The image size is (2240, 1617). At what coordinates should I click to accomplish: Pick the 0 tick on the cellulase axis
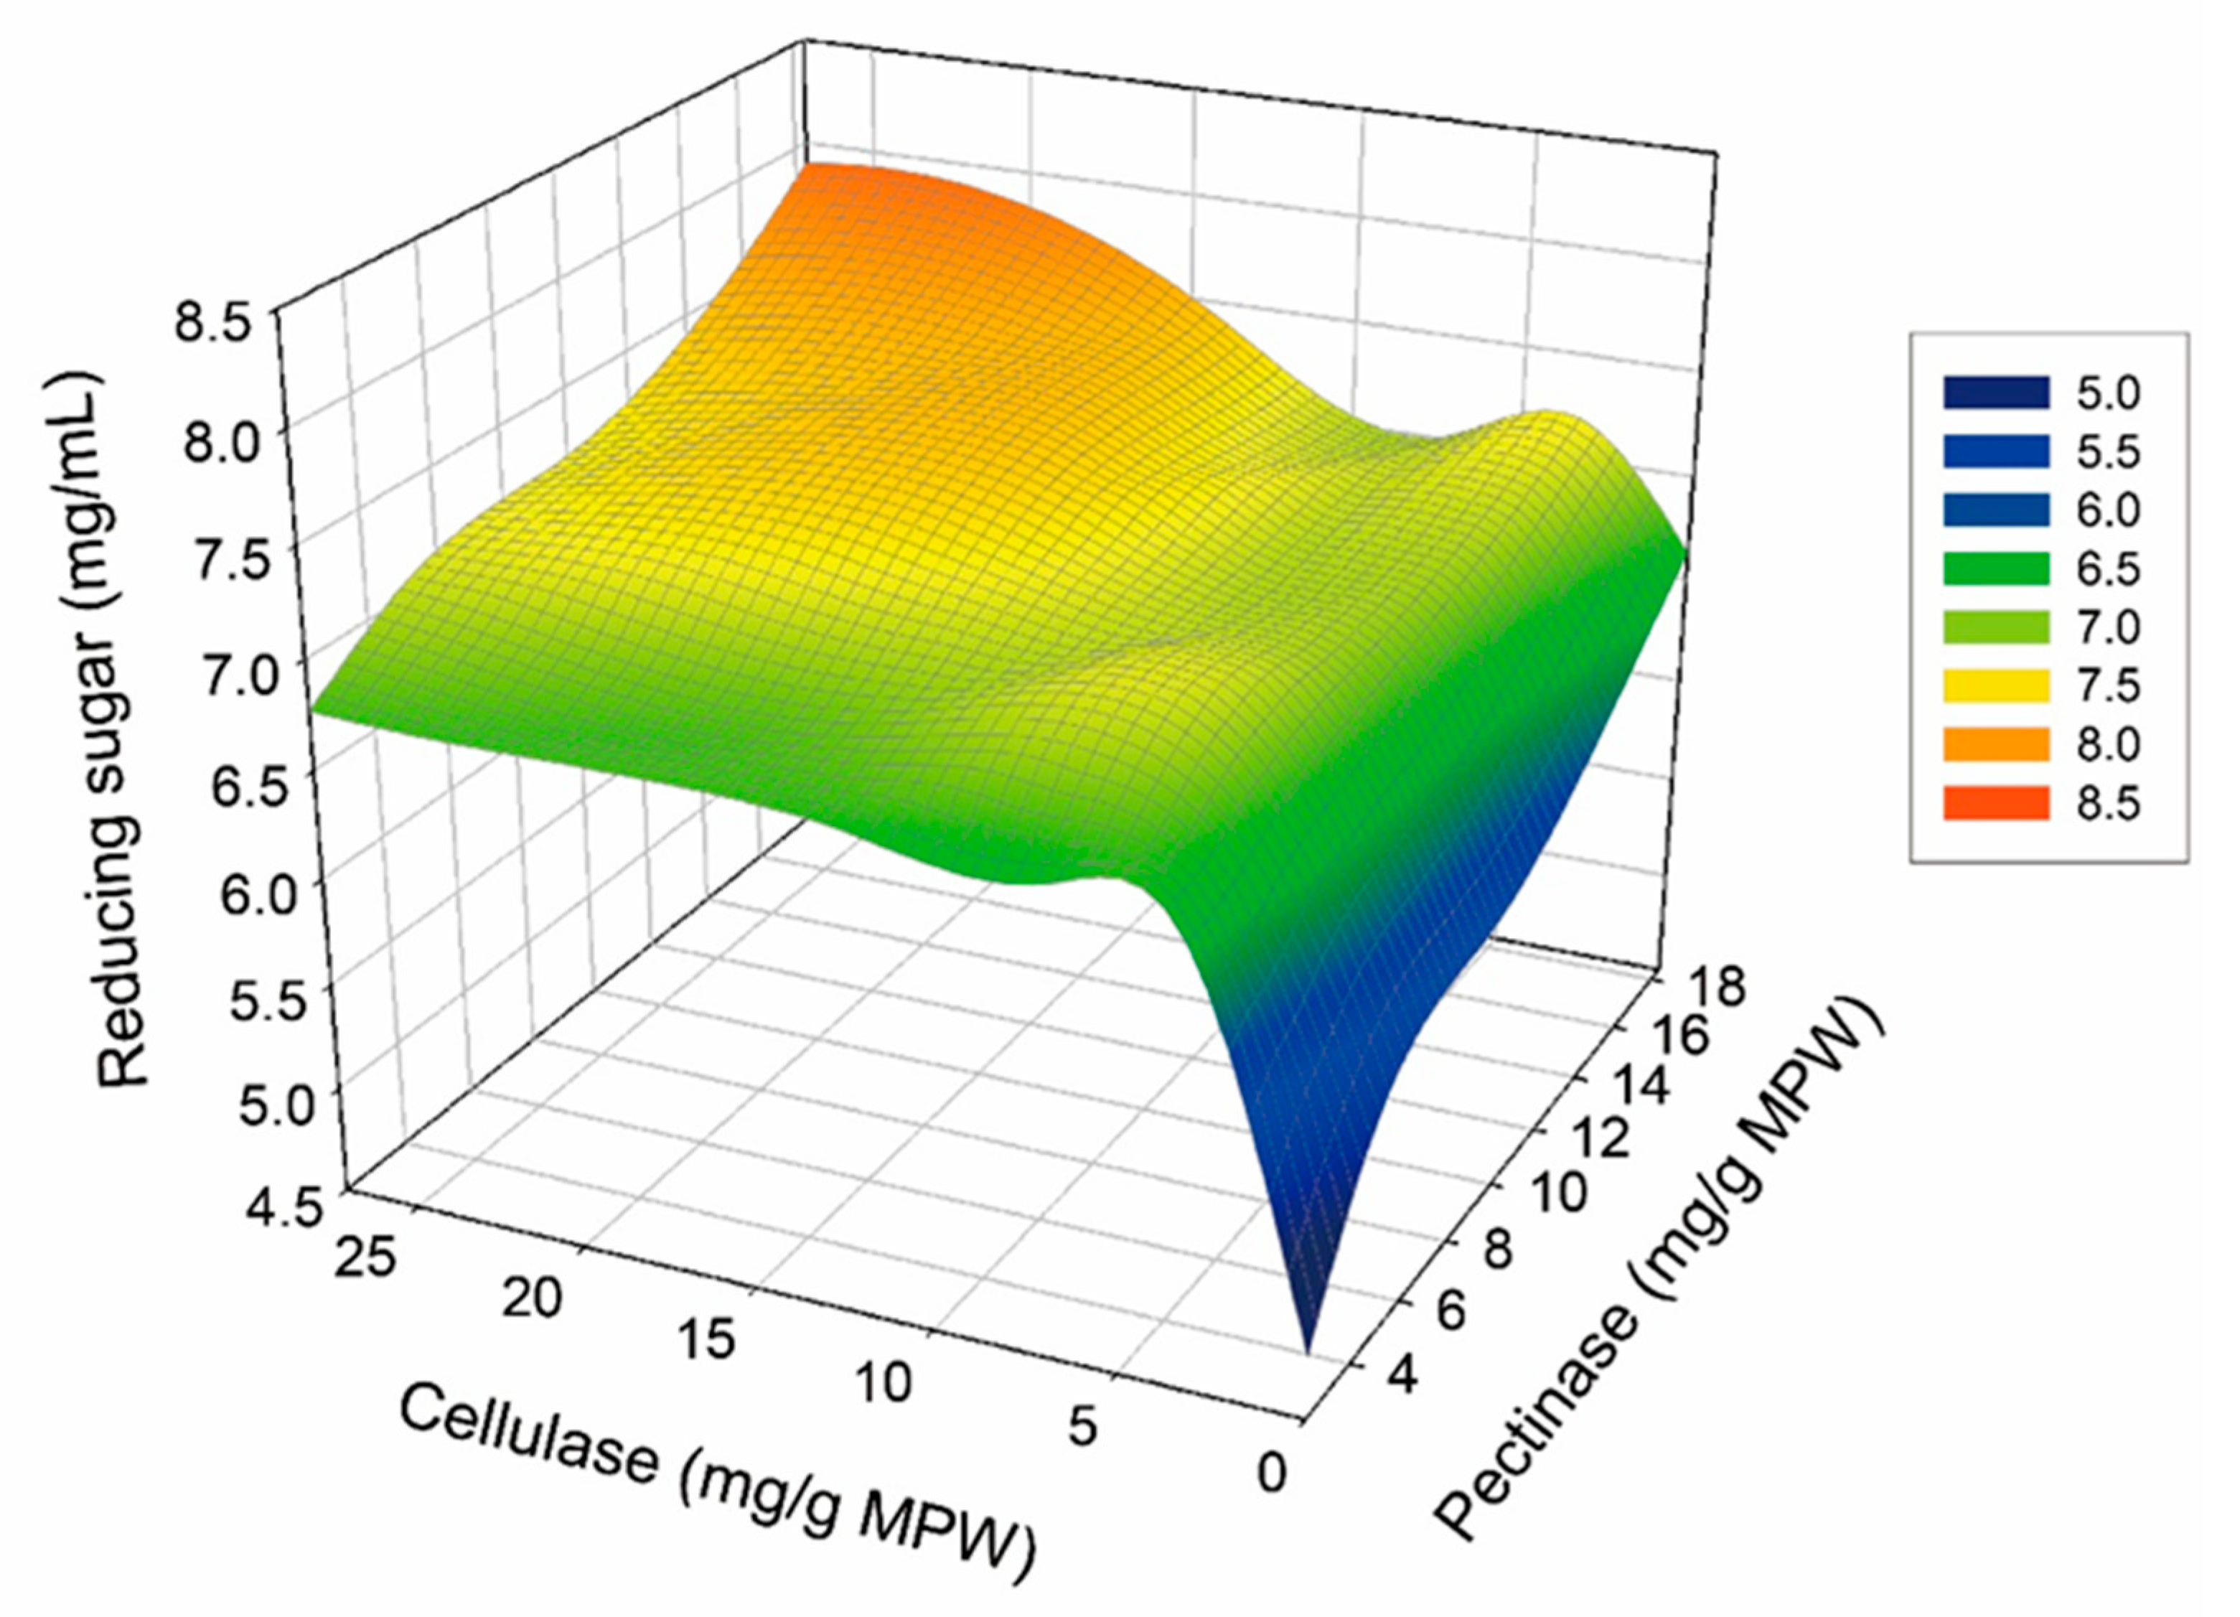[x=1273, y=1473]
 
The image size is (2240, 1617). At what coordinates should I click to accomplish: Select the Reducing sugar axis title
[x=121, y=731]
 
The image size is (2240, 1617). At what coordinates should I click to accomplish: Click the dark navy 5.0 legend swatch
[x=1996, y=392]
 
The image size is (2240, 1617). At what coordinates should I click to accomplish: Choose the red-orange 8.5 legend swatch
[x=1996, y=802]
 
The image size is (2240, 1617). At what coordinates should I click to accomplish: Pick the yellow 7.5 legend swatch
[x=1996, y=685]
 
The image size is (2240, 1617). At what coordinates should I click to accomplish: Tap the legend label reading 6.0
[x=2107, y=510]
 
